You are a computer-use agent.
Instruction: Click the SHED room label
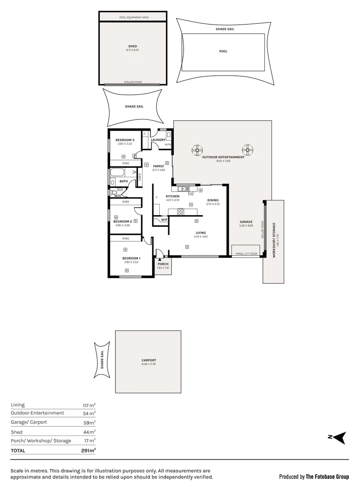click(133, 46)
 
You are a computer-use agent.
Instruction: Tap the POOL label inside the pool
click(223, 51)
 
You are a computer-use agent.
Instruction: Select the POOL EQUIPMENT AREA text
click(134, 18)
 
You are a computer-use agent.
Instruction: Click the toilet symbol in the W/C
click(113, 192)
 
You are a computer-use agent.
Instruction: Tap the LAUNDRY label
click(158, 140)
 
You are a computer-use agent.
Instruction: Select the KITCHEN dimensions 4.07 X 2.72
click(172, 200)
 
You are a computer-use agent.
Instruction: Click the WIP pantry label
click(164, 220)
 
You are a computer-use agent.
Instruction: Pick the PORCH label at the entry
click(163, 264)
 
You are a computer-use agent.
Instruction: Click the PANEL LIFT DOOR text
click(246, 254)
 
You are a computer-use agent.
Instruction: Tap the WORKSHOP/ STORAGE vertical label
click(273, 240)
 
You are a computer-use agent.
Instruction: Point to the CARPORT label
click(148, 360)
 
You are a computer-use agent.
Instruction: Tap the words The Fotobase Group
click(327, 476)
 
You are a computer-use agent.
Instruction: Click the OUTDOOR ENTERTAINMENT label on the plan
click(223, 157)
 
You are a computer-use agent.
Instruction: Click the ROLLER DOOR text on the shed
click(133, 82)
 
